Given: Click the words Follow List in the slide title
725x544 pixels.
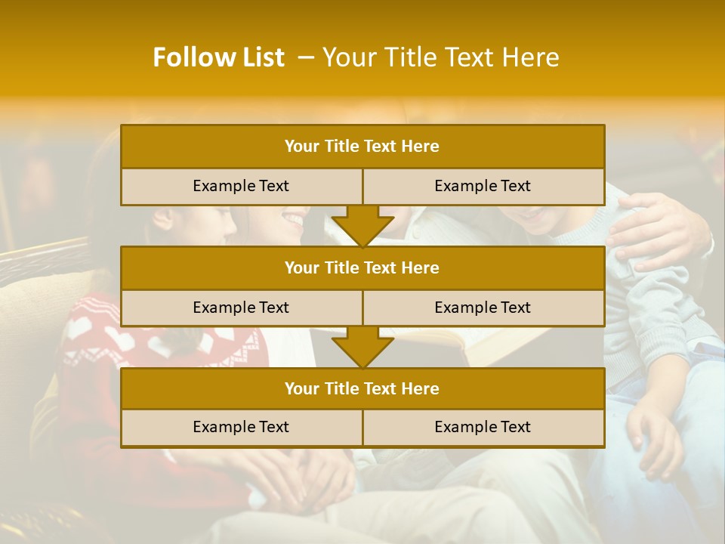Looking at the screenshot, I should tap(218, 57).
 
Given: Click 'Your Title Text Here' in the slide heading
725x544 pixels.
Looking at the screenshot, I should tap(440, 57).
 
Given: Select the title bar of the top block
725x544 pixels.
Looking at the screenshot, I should tap(362, 147).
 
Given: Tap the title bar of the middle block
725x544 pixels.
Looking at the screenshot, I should tap(362, 267).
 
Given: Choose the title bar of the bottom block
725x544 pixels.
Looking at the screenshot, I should tap(362, 388).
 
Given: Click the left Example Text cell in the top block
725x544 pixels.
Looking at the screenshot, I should tap(241, 186).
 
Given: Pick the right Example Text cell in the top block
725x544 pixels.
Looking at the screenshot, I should tap(483, 186).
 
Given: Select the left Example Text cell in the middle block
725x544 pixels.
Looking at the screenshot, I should tap(241, 308).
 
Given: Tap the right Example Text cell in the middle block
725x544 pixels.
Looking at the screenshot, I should tap(483, 308).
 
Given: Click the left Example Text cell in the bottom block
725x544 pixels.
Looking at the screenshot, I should tap(241, 427).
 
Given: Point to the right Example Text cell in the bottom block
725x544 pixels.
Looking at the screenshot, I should tap(483, 427).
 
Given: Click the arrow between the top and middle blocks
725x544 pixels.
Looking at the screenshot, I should tap(362, 226).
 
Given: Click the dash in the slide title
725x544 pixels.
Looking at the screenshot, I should tap(306, 57).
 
